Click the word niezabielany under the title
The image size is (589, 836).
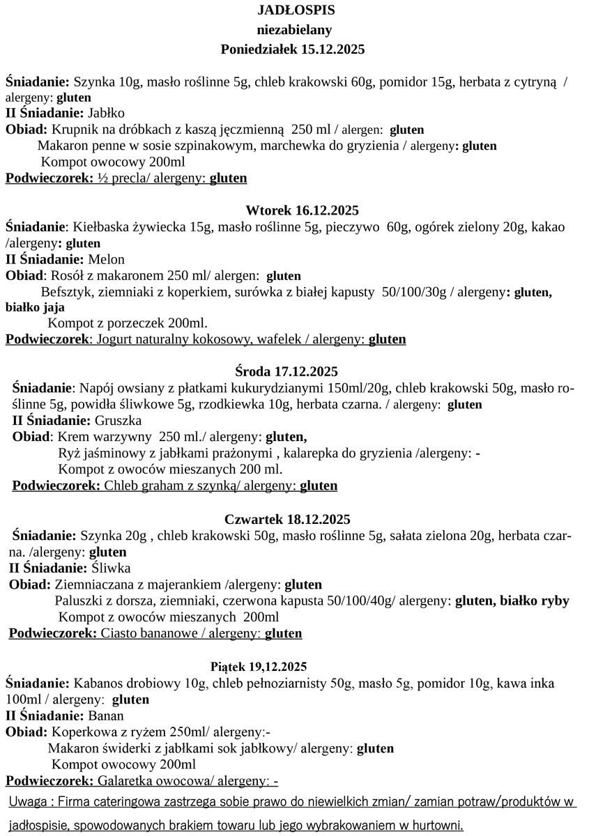[294, 30]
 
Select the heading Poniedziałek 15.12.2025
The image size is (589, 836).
[293, 49]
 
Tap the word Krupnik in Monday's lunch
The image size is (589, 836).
[73, 130]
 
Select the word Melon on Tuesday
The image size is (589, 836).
[107, 260]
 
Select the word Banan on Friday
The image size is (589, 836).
[106, 715]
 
